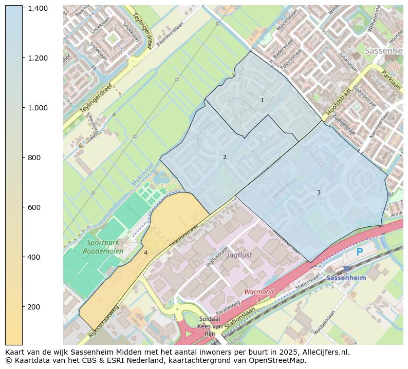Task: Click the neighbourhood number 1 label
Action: (262, 100)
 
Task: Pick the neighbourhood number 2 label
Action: (225, 157)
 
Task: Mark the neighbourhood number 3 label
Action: (319, 192)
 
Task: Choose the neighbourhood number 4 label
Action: (145, 253)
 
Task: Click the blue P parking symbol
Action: (360, 252)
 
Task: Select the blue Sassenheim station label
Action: (346, 278)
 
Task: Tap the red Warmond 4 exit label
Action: (259, 295)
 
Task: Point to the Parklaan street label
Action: (391, 80)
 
